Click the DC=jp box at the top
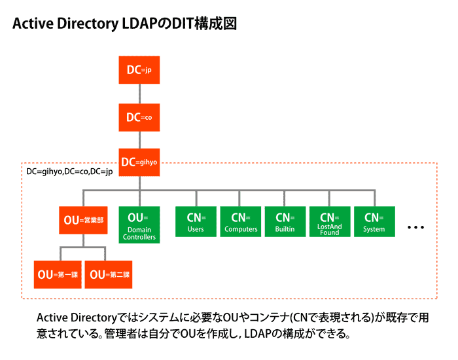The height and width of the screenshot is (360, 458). [x=139, y=70]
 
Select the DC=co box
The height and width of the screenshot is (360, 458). [x=139, y=117]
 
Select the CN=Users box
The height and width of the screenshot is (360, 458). [x=196, y=222]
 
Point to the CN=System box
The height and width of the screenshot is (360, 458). [x=374, y=222]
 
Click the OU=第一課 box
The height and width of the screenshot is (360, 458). [x=58, y=274]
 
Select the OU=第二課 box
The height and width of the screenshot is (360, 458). [x=108, y=274]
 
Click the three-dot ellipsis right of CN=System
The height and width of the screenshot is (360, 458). [x=416, y=228]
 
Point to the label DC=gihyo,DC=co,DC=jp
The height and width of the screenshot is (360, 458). [x=69, y=171]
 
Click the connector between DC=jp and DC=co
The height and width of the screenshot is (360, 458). [x=139, y=94]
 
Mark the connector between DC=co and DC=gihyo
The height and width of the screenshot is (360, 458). [x=139, y=140]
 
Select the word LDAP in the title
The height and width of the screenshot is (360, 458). [x=142, y=24]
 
